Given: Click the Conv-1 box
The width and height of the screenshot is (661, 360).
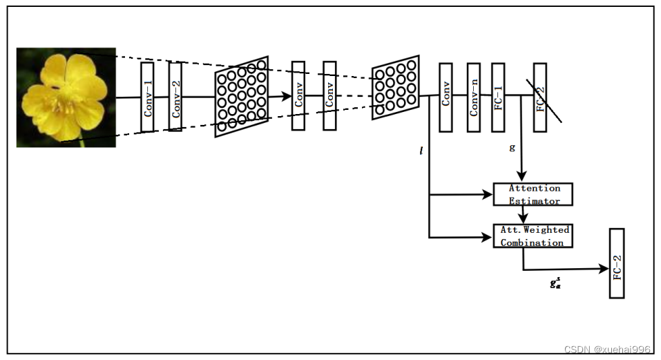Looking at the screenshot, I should click(x=147, y=97).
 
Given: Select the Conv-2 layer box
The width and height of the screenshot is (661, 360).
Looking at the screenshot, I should click(x=175, y=97).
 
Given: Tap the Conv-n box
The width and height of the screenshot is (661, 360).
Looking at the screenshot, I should click(x=473, y=97).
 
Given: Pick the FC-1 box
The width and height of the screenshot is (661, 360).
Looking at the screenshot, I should click(x=498, y=97).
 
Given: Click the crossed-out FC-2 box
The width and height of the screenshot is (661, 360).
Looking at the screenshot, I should click(x=540, y=97).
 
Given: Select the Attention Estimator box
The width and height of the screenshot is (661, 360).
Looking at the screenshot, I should click(x=533, y=194).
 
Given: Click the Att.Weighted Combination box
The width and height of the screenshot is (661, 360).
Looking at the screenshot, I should click(x=532, y=236).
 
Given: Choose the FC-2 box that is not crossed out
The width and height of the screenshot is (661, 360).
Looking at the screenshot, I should click(x=617, y=263).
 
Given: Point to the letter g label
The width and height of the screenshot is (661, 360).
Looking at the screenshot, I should click(x=512, y=147).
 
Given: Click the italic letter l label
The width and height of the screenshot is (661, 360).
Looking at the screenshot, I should click(x=421, y=150).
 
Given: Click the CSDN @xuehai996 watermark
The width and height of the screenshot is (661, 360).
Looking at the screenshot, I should click(x=607, y=350).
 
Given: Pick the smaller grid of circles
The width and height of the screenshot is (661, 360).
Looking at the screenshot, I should click(x=396, y=88).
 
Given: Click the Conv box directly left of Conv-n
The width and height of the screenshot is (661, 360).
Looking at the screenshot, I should click(x=446, y=97).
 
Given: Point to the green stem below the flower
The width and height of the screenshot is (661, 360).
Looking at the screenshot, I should click(x=82, y=143).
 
